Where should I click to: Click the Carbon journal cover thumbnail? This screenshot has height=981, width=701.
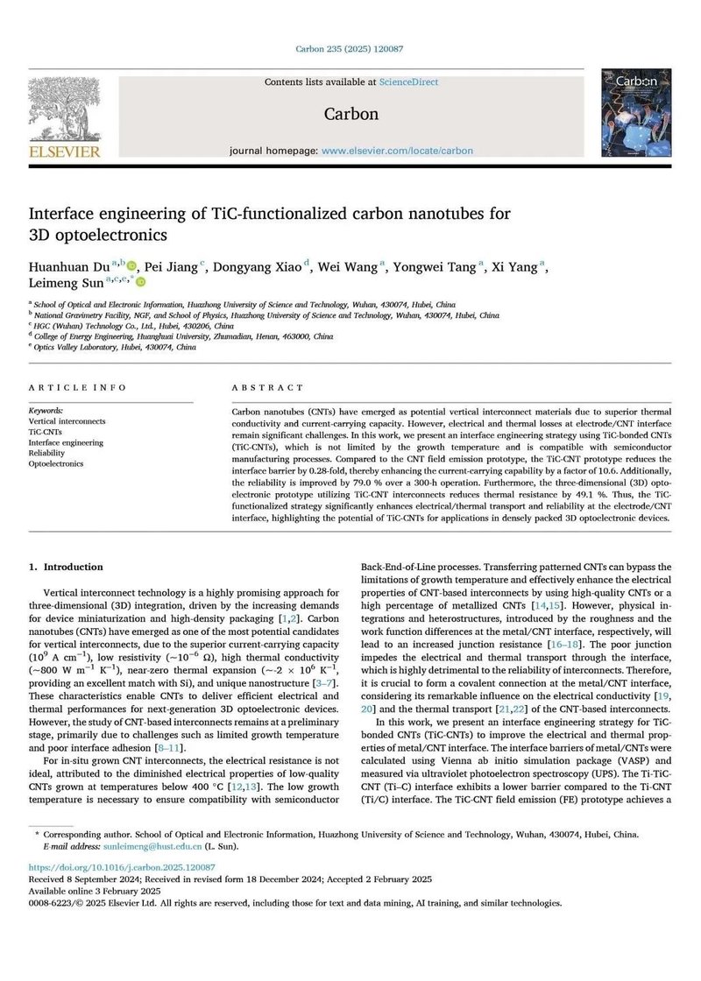[x=636, y=114]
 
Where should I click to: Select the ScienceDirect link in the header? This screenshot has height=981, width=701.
[x=408, y=82]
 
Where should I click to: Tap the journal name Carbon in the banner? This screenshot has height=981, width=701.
[x=350, y=114]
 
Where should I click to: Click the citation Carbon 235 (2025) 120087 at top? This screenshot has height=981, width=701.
[x=350, y=50]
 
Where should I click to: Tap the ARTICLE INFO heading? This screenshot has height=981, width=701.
[x=77, y=387]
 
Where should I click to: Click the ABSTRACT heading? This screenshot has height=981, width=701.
[x=267, y=387]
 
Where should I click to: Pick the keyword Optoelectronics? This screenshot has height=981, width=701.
[x=56, y=463]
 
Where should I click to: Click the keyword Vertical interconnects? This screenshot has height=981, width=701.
[x=67, y=421]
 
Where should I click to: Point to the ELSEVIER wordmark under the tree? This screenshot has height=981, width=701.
[x=65, y=152]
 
